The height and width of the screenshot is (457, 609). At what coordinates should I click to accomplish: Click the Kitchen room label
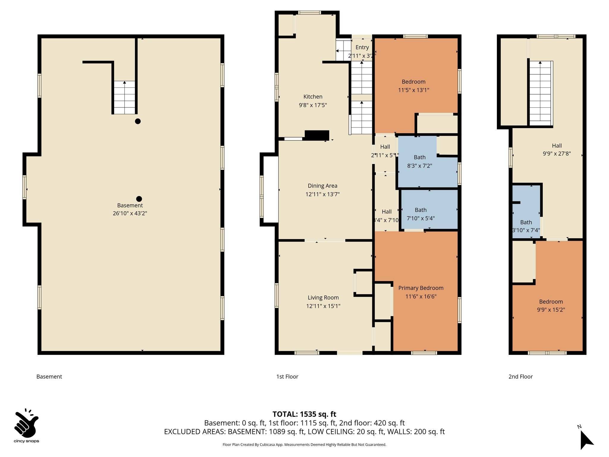point(313,97)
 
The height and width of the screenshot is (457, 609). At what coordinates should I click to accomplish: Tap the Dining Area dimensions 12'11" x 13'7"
point(322,194)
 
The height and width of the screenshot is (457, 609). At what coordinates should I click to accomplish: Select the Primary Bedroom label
point(421,288)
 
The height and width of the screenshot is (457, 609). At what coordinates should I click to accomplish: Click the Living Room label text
point(323,298)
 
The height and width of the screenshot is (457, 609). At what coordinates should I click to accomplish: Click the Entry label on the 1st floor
point(362,47)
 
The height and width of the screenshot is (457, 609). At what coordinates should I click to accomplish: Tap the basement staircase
point(125,98)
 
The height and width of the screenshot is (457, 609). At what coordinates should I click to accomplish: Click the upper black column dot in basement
point(138,121)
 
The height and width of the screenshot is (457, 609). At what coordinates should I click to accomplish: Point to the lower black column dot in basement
point(139,199)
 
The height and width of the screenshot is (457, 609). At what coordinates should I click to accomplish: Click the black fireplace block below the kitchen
point(317,135)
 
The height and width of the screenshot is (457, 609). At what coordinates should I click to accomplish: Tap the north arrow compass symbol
point(586,439)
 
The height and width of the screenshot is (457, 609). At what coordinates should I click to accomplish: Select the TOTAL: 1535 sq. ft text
point(304,414)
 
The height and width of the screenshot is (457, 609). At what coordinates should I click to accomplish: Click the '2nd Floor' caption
point(520,377)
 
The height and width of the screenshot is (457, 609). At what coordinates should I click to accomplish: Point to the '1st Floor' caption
point(287,377)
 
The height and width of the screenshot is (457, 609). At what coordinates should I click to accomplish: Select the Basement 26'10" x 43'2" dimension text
point(130,213)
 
